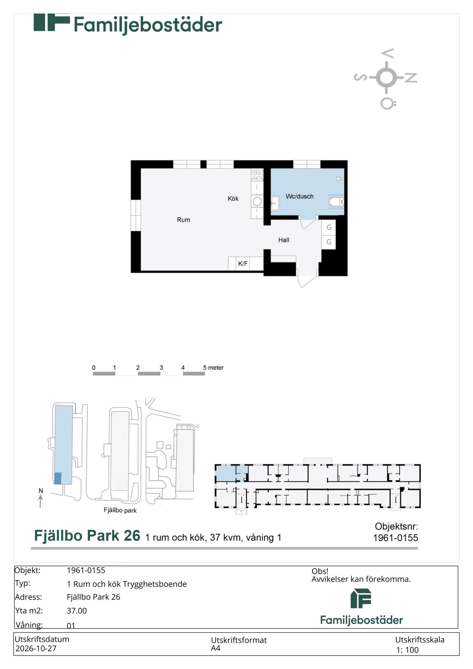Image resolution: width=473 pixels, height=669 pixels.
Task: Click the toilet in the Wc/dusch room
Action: [x=337, y=202]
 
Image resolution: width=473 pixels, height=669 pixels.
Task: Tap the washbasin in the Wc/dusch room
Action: [x=275, y=203]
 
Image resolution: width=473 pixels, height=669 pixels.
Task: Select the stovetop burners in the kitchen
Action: [x=257, y=176]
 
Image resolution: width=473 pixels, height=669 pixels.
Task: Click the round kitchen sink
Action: [x=257, y=201]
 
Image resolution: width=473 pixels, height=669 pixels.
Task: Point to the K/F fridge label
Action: [x=243, y=264]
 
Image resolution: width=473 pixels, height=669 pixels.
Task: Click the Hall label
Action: [x=284, y=240]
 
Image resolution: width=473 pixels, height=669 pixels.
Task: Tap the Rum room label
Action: [x=183, y=220]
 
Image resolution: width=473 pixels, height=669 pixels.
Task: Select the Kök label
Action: [x=233, y=199]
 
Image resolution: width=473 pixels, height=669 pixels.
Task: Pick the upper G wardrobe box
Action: [x=329, y=227]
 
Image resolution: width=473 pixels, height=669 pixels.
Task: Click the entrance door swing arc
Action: [x=310, y=282]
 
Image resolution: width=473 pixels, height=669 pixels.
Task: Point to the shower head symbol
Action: [x=340, y=179]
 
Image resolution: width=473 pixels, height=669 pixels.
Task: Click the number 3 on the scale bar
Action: [x=161, y=368]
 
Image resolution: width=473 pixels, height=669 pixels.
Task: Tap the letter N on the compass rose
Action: [x=411, y=78]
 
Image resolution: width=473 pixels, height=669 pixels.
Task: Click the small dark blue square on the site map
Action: [x=58, y=478]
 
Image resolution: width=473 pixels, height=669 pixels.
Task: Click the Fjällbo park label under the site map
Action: [x=120, y=510]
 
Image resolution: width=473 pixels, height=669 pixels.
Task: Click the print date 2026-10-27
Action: [x=36, y=648]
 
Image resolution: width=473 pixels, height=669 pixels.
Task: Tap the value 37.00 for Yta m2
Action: [x=77, y=610]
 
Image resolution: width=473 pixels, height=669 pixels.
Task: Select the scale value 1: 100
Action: [x=407, y=650]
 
